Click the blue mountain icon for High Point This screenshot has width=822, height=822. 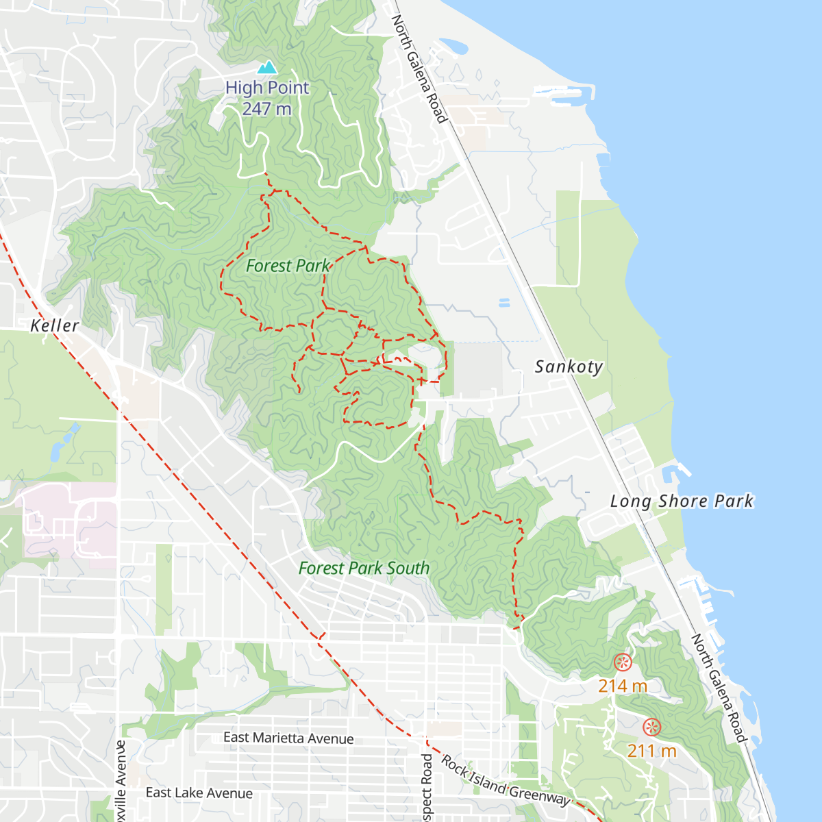pos(267,67)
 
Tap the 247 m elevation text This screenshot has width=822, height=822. pos(266,109)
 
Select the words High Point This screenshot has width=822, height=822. pos(267,88)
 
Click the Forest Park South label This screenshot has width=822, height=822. pos(364,568)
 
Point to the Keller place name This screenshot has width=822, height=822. pos(55,325)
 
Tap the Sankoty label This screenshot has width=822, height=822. pos(569,366)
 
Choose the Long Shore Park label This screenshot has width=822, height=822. pos(682,501)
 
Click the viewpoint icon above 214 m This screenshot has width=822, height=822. pos(622,662)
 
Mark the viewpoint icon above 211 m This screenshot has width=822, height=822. pos(651,727)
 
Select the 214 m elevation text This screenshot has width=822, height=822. pos(622,686)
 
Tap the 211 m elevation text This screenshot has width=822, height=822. pos(651,751)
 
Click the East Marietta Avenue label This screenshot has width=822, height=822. pos(288,738)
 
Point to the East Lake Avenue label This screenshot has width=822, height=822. pos(199,793)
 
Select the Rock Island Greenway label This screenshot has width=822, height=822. pos(505,781)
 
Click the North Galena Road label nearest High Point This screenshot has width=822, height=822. pos(419,68)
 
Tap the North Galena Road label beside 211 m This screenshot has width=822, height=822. pos(718,688)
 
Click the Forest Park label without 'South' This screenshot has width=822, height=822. pos(288,266)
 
